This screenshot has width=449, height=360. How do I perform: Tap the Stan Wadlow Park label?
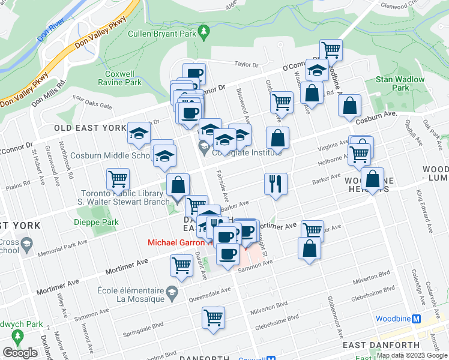(400, 83)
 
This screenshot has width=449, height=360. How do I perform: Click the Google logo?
(20, 353)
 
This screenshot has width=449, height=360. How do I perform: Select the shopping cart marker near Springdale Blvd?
(213, 318)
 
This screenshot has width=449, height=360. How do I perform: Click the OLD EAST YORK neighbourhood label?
(89, 128)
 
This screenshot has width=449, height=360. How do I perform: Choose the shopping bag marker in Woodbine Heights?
(373, 179)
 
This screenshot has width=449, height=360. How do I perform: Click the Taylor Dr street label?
(246, 65)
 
